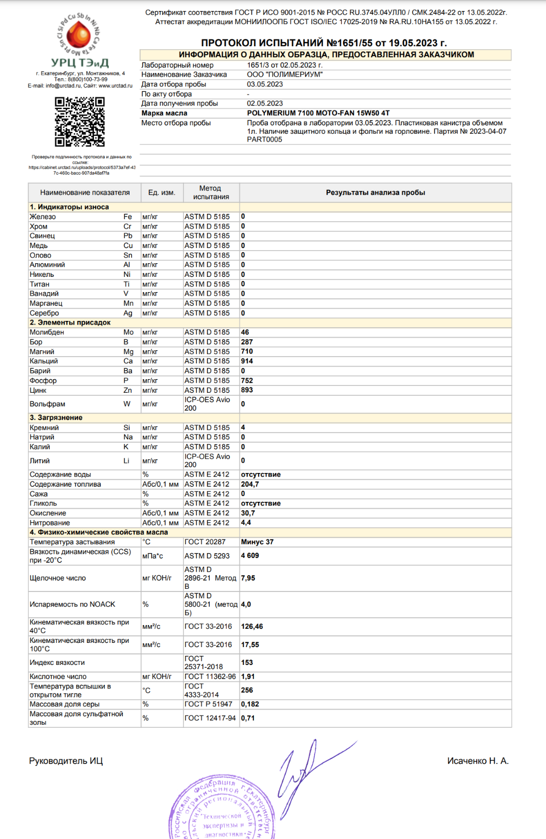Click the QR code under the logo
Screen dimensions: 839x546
(x=80, y=122)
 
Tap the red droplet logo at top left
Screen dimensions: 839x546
(x=79, y=35)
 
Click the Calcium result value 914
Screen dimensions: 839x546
(x=247, y=361)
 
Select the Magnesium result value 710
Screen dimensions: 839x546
(x=247, y=351)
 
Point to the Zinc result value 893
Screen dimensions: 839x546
(x=247, y=390)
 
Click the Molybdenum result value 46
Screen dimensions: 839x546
(x=245, y=332)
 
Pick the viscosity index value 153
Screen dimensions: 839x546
(x=247, y=663)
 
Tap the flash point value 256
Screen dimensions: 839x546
(x=247, y=690)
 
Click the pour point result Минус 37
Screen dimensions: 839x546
(x=257, y=542)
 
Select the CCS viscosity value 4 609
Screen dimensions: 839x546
(x=250, y=556)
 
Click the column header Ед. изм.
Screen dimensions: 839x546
(x=162, y=193)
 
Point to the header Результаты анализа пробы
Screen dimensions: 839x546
(x=376, y=193)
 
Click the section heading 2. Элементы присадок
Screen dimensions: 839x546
(x=70, y=322)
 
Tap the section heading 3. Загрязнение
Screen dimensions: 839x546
(x=56, y=418)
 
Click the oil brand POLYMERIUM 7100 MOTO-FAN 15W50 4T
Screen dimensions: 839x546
(x=318, y=113)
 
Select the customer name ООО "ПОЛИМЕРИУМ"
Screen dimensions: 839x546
(x=285, y=74)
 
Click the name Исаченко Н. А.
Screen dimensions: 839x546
(x=478, y=761)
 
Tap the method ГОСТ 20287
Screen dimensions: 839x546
(x=205, y=542)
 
